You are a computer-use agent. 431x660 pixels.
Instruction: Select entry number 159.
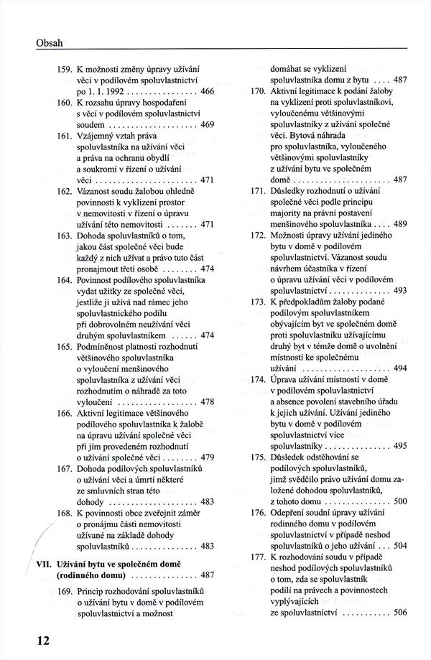[x=64, y=69]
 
